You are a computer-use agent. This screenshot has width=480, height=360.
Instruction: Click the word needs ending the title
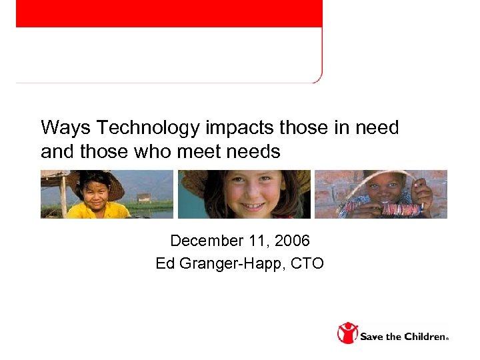pos(253,152)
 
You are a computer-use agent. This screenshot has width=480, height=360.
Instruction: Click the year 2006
pos(293,240)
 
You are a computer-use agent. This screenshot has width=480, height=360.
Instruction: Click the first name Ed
pos(165,263)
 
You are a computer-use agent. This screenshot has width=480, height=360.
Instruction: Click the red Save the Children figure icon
pos(347,333)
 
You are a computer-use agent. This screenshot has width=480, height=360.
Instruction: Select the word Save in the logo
pos(372,336)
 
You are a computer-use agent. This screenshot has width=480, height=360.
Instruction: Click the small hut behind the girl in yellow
pos(143,198)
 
